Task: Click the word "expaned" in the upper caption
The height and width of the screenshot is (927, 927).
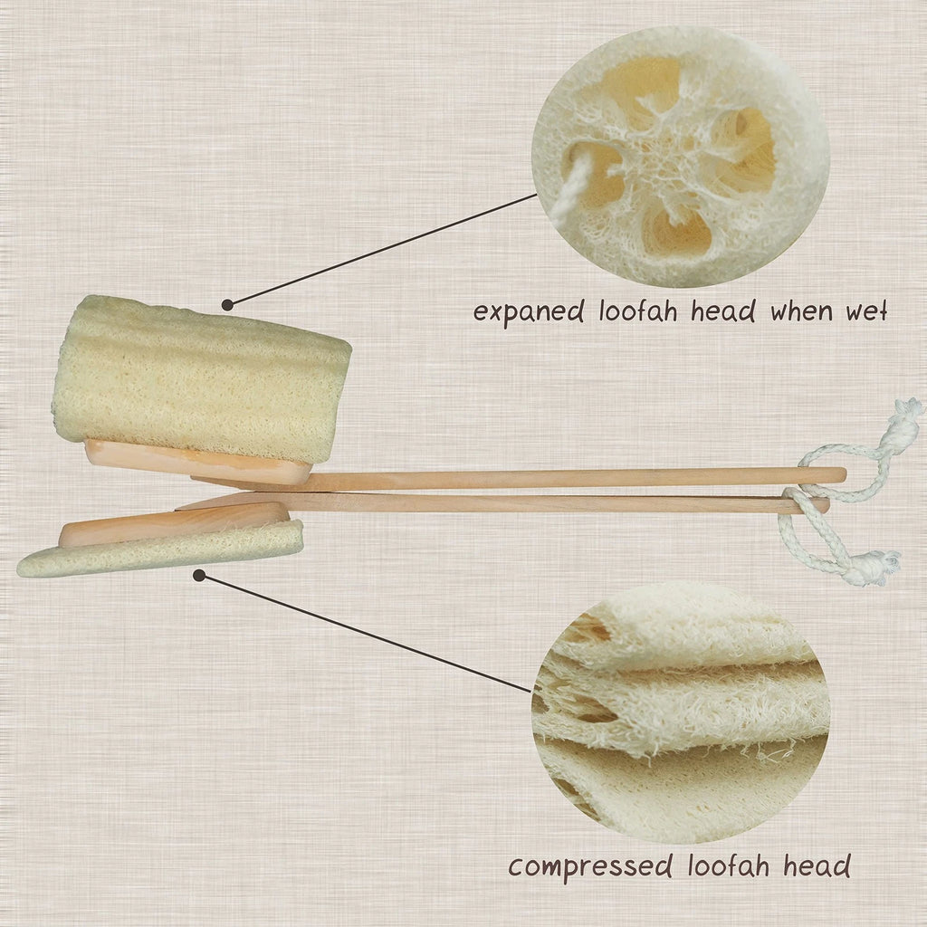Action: [529, 314]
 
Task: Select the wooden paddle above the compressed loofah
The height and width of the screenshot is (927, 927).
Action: [172, 523]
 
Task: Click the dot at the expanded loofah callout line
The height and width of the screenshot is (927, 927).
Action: [226, 305]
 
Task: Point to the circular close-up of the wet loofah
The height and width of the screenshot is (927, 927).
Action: [681, 156]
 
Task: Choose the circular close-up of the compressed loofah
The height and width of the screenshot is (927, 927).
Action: [681, 715]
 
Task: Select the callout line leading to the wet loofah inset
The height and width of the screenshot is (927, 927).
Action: [380, 249]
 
